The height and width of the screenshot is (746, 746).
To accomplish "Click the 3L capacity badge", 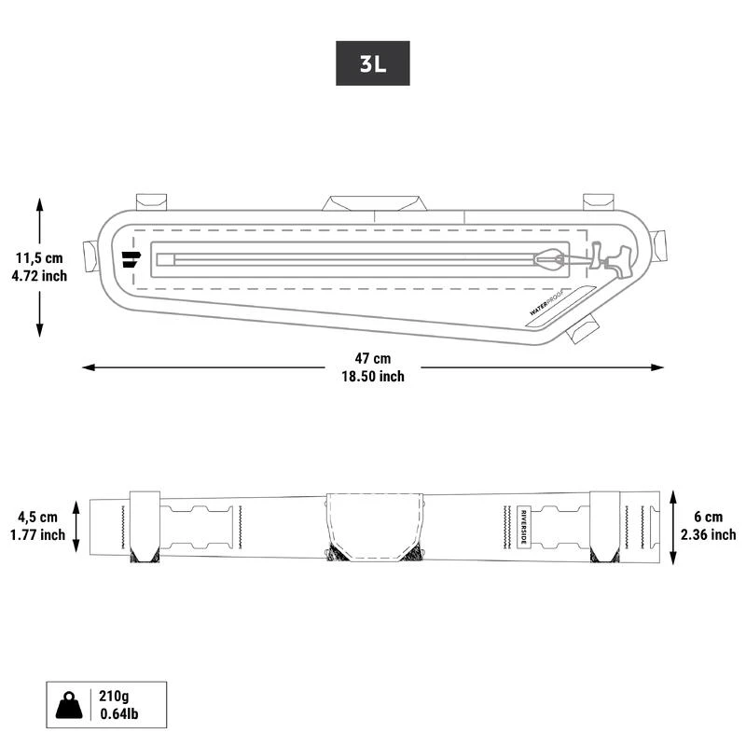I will pos(372,63).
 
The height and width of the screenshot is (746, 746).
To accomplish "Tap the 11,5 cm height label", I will pos(40,258).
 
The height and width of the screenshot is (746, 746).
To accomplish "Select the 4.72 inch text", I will pos(40,276).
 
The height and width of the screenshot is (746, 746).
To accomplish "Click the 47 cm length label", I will pos(373,359).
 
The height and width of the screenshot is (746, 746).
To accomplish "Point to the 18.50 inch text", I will pos(373,377).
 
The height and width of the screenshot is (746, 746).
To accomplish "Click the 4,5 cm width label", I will pos(37,517).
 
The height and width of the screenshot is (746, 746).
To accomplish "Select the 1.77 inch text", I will pos(37,534).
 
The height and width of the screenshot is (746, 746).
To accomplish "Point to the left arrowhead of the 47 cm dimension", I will pos(87,367).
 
